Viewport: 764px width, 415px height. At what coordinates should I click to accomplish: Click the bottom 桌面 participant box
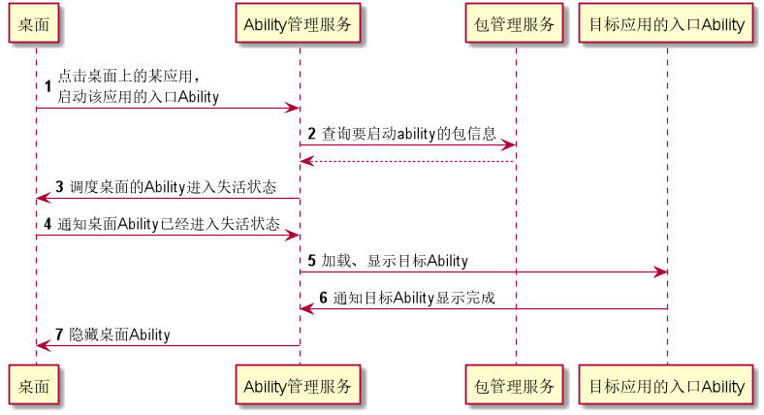coord(36,386)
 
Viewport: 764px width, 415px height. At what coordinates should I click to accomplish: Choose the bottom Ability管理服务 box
coord(299,386)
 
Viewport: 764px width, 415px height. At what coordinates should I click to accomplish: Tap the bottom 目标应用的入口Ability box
coord(666,386)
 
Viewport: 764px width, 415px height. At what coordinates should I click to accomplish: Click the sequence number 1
coord(48,86)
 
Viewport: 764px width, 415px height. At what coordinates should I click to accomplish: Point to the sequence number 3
coord(60,186)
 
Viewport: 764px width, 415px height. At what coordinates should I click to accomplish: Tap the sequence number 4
coord(48,224)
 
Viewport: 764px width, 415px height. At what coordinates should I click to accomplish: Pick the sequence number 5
coord(312,261)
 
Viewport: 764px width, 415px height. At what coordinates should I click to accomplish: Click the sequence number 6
coord(324,298)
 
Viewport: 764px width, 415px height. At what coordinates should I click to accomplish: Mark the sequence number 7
coord(60,335)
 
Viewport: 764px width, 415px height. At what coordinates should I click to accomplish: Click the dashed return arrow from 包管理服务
coord(407,161)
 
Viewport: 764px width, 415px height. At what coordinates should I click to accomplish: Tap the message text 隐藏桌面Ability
coord(119,335)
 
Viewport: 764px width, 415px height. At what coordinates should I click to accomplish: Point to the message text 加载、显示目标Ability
coord(395,261)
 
